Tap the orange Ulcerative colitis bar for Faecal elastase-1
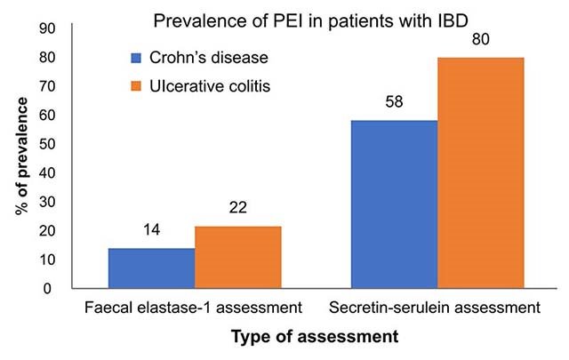(x=238, y=257)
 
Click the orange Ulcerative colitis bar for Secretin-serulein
(x=481, y=172)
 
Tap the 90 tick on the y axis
(x=49, y=28)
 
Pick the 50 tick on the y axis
(x=49, y=144)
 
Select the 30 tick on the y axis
(x=49, y=202)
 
